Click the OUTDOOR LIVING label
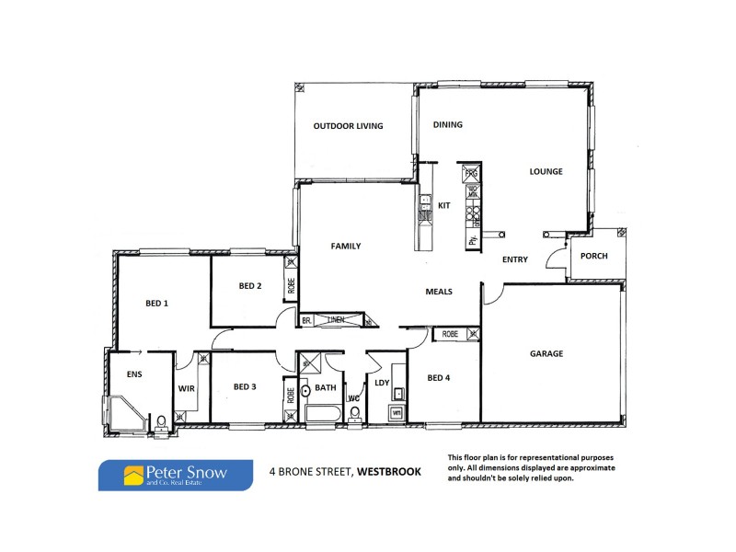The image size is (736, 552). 348,126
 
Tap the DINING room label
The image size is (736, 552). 448,125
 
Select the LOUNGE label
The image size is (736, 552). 546,171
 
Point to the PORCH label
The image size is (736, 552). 593,256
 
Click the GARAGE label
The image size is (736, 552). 546,353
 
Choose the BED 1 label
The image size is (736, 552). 157,303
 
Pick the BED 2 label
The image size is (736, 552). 250,286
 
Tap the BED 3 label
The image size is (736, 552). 245,386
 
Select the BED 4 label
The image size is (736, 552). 440,376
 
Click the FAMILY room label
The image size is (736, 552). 346,246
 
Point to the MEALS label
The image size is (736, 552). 438,292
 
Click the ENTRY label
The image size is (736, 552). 515,259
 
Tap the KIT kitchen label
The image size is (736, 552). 443,205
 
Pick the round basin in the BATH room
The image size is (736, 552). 305,390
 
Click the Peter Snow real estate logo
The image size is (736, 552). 176,476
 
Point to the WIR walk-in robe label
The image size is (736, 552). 185,388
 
